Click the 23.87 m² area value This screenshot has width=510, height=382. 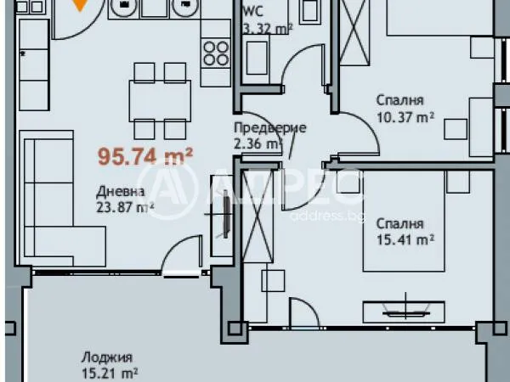(x=124, y=206)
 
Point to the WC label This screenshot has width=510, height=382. (x=252, y=12)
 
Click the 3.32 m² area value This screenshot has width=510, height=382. (x=267, y=27)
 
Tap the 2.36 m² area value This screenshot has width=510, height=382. (x=257, y=144)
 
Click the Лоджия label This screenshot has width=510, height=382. (x=103, y=357)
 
